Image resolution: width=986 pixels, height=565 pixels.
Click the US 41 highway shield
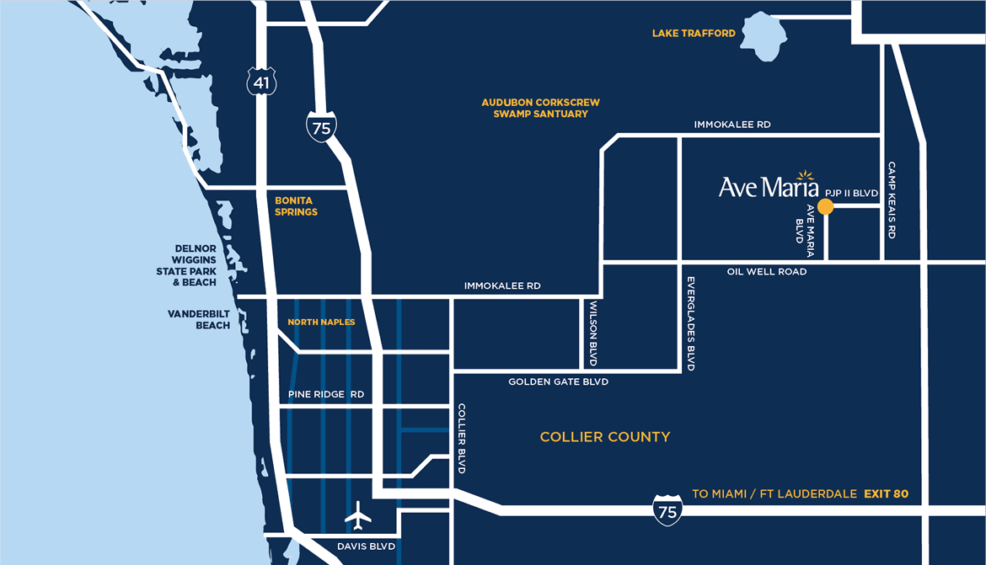[260, 81]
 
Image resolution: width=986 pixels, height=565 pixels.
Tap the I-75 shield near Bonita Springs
[321, 127]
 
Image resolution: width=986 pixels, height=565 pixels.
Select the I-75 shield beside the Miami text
[667, 511]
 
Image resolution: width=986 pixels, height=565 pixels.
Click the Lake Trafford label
[694, 34]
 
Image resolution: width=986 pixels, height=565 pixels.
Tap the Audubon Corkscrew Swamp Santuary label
[540, 108]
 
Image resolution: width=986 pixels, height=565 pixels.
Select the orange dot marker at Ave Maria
[826, 205]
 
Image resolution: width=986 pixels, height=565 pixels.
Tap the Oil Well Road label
[767, 272]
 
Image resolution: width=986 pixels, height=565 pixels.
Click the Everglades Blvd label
[690, 324]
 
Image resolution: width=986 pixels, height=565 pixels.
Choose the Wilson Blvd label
[593, 333]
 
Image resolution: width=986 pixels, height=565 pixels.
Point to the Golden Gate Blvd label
[558, 382]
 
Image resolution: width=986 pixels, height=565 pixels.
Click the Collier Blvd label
[461, 438]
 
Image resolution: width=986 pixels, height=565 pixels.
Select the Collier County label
[605, 437]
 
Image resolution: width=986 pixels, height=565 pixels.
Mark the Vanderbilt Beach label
[199, 319]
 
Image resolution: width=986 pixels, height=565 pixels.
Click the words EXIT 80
[886, 493]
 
